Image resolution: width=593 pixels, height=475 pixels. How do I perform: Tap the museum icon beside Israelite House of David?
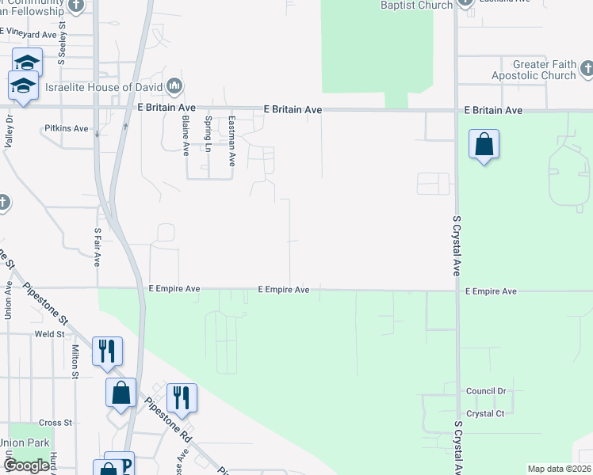174,85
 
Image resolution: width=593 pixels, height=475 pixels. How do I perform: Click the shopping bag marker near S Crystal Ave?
484,145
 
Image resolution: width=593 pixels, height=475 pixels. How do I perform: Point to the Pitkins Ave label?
67,127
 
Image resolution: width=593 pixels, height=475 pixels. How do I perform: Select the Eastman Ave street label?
231,141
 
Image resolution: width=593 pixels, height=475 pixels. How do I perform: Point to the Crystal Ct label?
485,413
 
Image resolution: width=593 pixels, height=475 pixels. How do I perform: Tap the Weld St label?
49,334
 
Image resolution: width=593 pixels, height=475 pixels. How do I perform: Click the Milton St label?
75,360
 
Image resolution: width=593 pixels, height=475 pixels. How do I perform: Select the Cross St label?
55,423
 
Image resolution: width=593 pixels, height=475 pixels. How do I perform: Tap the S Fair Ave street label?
97,247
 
